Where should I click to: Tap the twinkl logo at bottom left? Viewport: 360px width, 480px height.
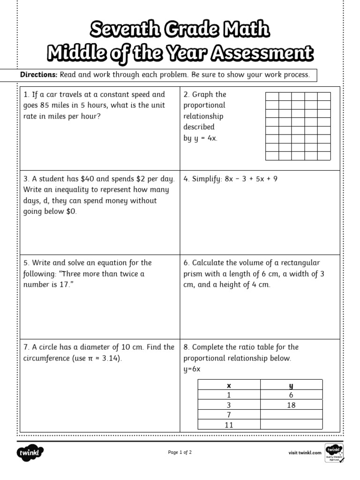point(30,453)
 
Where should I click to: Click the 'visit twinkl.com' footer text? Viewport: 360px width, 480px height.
point(305,453)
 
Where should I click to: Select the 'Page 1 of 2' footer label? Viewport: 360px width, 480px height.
point(180,452)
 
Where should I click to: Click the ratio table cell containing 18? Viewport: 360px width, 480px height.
point(291,405)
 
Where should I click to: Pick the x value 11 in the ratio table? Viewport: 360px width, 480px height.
point(229,425)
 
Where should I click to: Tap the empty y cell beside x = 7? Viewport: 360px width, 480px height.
point(291,415)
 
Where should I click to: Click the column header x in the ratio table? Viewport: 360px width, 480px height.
point(229,385)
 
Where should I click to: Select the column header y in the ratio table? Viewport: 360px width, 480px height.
point(291,385)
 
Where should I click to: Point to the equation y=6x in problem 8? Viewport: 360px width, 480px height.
point(192,369)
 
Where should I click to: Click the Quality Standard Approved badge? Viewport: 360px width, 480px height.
point(334,453)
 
